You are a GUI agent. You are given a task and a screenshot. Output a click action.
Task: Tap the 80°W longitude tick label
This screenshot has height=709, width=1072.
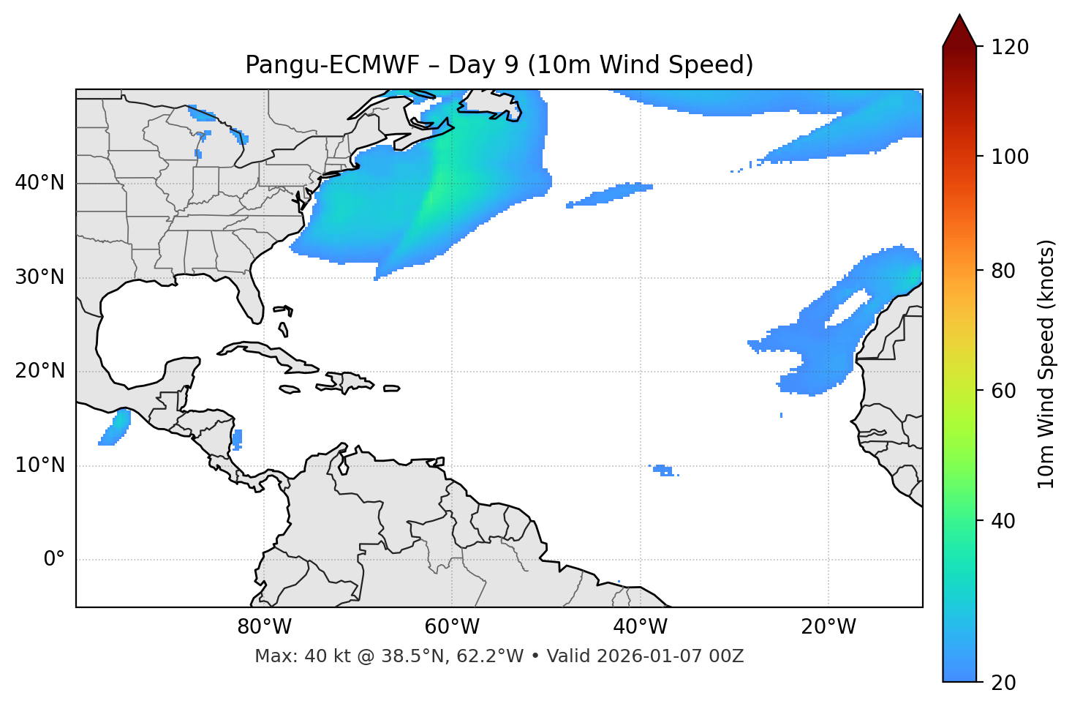(x=264, y=627)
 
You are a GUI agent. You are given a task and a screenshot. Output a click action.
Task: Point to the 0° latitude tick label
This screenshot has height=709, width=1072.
(x=54, y=560)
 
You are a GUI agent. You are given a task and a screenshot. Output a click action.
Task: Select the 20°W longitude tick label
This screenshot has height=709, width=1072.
(x=828, y=627)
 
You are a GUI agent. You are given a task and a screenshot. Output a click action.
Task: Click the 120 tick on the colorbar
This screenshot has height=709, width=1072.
(x=1010, y=48)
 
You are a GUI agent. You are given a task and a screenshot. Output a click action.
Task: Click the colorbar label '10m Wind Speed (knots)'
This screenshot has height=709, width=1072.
(x=1046, y=364)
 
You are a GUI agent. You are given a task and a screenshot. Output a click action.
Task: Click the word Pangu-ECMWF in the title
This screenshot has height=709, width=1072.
(x=332, y=65)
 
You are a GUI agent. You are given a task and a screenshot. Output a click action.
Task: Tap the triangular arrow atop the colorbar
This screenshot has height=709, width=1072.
(x=959, y=31)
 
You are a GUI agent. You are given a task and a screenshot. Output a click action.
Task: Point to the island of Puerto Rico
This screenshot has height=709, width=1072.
(x=392, y=389)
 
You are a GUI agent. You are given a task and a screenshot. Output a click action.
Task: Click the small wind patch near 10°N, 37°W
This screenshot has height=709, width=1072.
(x=663, y=470)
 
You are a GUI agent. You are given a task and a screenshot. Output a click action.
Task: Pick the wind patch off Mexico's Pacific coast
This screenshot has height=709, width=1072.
(x=116, y=429)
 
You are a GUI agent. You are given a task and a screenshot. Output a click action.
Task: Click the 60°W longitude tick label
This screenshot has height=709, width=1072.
(x=452, y=627)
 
